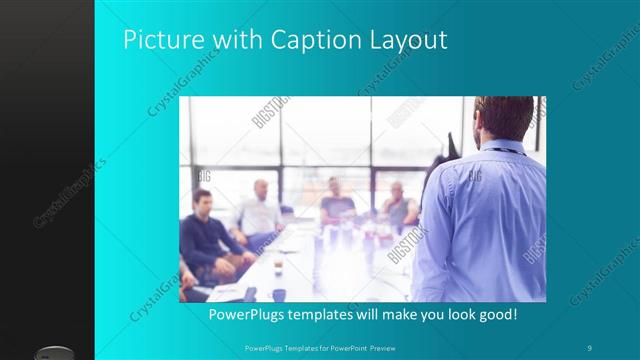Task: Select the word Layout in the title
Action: click(408, 41)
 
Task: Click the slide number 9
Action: click(591, 347)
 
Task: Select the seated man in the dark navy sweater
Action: click(206, 240)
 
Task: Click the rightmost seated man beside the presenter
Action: click(398, 205)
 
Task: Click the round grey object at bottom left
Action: click(55, 352)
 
